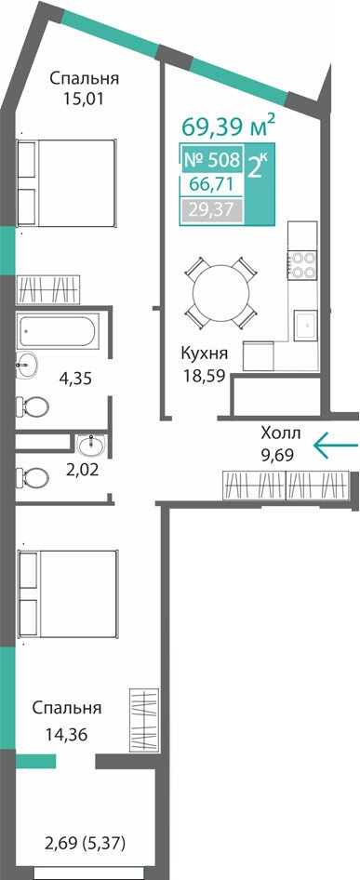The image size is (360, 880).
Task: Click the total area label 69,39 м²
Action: (x=229, y=127)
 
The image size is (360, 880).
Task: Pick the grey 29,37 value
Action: (x=212, y=210)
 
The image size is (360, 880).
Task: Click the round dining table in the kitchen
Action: (x=220, y=292)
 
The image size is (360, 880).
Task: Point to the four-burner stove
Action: (x=302, y=265)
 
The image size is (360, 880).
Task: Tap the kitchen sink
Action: (x=305, y=326)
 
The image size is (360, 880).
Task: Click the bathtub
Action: (x=58, y=330)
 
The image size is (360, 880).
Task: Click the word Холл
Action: (x=281, y=433)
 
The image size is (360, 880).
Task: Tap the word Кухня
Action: (x=204, y=353)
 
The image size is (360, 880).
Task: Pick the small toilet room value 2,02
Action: (x=82, y=469)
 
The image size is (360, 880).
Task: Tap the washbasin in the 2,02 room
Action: (x=90, y=446)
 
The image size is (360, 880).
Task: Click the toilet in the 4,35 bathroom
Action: (x=32, y=407)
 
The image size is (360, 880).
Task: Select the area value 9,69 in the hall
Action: (x=278, y=452)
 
